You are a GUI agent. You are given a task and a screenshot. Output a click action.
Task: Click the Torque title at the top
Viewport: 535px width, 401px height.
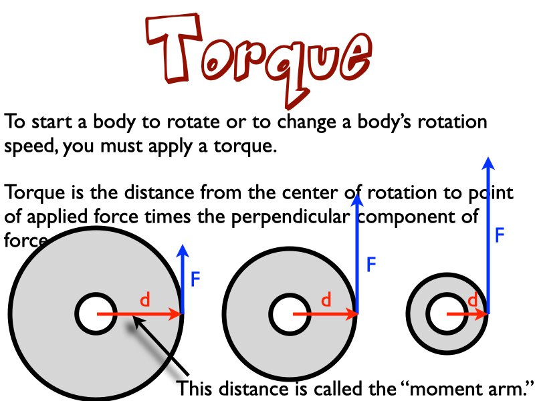[257, 57]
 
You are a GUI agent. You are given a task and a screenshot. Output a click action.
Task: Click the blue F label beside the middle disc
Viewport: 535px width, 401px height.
[372, 265]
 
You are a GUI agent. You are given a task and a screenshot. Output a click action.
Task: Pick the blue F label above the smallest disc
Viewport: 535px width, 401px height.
[499, 235]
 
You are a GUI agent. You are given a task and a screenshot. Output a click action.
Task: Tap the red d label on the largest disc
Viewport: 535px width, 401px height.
[144, 301]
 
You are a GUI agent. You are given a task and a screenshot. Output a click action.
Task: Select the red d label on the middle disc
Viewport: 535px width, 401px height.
[326, 301]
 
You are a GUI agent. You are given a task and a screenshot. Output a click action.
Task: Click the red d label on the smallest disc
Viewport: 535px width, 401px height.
[473, 301]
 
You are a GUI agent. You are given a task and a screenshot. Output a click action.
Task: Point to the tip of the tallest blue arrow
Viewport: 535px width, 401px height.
[489, 160]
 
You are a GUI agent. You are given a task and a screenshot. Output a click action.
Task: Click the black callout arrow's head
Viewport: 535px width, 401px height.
[137, 323]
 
